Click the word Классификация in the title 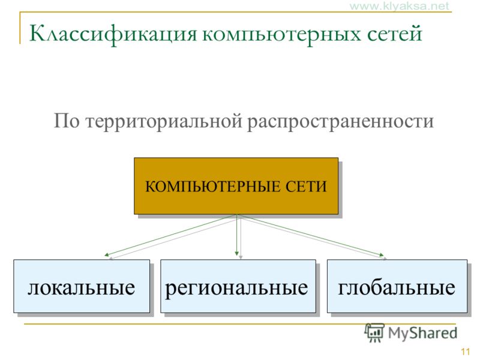point(113,34)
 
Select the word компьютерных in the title point(281,34)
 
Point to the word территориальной point(164,122)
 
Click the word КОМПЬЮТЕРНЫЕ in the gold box point(212,187)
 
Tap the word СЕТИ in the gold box point(306,187)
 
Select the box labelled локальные point(82,286)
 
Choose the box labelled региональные point(238,286)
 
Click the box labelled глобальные point(397,286)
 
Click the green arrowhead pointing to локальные point(107,254)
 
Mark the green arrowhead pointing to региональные point(236,253)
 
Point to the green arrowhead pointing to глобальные point(382,254)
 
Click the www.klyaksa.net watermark point(399,6)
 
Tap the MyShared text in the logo point(422,333)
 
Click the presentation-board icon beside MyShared point(374,332)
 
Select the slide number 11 point(466,352)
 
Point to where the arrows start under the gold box point(237,215)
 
